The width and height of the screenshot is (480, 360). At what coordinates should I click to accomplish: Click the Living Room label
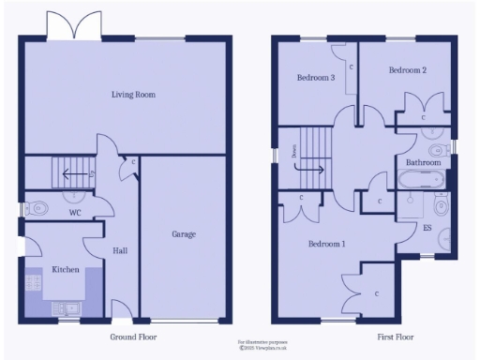(133, 95)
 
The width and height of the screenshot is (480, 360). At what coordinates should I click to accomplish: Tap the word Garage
(183, 234)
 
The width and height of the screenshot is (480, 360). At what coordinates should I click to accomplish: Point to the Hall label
(120, 251)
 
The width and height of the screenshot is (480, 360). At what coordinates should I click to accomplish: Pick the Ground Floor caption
(133, 337)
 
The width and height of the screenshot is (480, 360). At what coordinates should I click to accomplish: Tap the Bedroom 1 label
(327, 245)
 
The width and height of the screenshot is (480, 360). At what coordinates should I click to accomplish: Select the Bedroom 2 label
(408, 70)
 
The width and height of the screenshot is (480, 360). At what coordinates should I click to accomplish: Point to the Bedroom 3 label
(316, 78)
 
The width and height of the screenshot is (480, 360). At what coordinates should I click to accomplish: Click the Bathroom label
(423, 162)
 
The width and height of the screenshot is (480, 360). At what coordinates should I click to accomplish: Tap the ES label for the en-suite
(427, 228)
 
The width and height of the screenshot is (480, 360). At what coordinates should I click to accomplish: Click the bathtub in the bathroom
(419, 178)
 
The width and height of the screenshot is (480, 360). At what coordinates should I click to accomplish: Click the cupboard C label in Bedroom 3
(352, 68)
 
